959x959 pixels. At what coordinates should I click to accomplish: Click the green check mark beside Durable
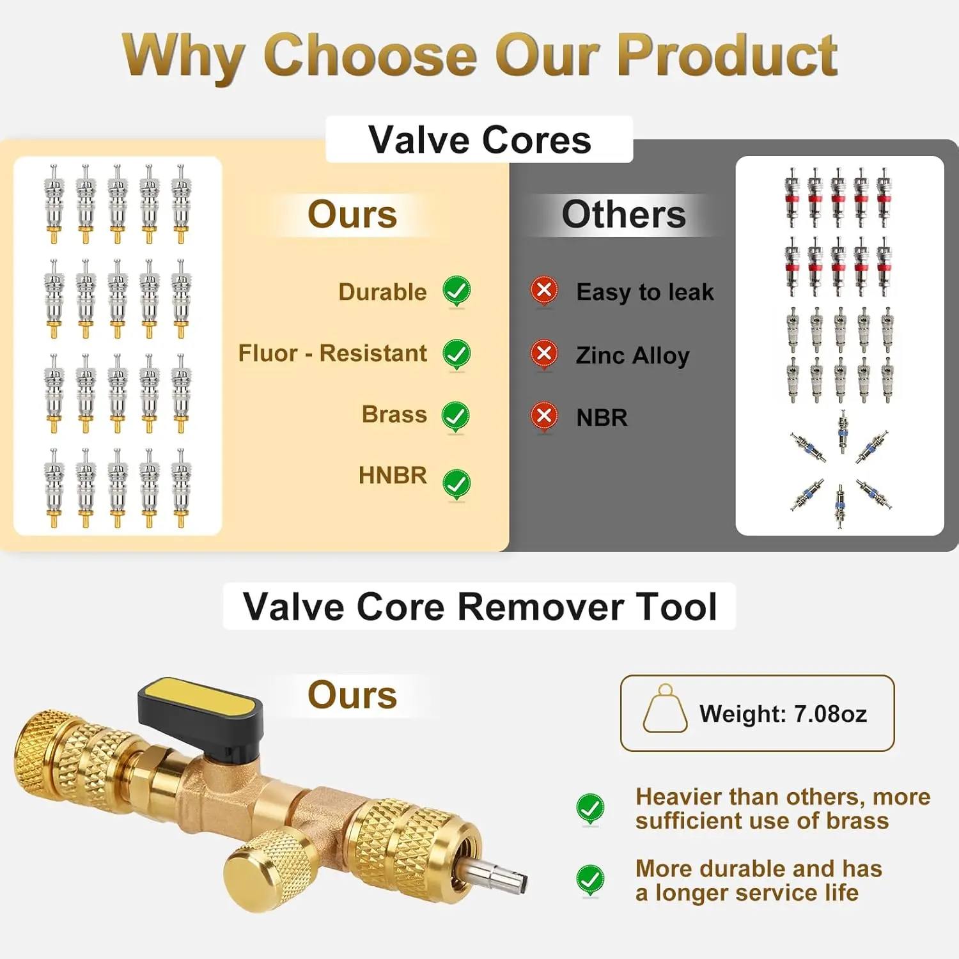pos(456,291)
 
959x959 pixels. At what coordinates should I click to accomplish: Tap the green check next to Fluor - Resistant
pos(456,353)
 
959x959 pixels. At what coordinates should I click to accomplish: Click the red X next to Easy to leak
pos(544,290)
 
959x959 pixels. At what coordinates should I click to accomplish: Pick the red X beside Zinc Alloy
pos(544,353)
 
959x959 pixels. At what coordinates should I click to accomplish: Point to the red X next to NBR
pos(544,416)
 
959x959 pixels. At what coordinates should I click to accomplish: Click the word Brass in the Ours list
pos(394,414)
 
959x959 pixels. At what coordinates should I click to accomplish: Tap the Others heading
pos(623,215)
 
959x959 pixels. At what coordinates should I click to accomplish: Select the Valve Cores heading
pos(479,140)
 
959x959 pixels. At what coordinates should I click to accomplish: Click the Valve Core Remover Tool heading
pos(479,606)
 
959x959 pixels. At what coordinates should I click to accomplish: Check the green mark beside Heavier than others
pos(590,809)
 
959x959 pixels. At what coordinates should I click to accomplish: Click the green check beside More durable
pos(590,880)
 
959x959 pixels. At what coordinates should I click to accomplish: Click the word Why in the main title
pos(183,56)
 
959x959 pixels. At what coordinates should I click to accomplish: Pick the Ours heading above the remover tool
pos(352,696)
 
